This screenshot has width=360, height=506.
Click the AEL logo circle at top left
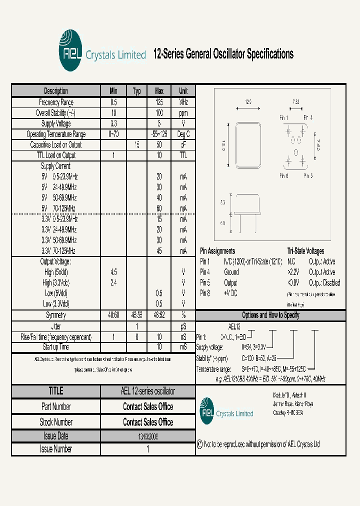pos(69,51)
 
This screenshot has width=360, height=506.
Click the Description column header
pos(56,91)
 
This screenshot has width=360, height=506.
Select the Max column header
pos(159,91)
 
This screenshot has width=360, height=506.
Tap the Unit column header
pos(183,91)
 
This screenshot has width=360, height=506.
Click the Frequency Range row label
pos(56,102)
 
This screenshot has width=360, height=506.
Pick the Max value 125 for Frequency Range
pos(159,102)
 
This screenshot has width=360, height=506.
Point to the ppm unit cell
pos(183,113)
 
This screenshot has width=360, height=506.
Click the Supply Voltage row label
pos(56,123)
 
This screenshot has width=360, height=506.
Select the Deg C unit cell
pos(183,134)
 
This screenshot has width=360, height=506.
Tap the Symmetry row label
pos(56,315)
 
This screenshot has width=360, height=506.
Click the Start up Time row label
pos(56,347)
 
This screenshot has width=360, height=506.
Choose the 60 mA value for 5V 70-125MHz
pos(159,208)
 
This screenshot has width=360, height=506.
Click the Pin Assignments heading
pos(217,251)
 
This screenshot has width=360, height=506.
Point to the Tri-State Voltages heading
pos(305,251)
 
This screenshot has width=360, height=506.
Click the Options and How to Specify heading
pos(270,315)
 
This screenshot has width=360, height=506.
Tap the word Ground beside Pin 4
pos(231,272)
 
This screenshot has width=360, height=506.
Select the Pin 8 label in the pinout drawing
pos(284,175)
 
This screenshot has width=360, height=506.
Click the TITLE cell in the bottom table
pos(56,391)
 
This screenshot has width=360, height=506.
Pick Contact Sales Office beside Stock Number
pos(148,422)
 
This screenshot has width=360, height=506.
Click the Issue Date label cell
pos(56,436)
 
